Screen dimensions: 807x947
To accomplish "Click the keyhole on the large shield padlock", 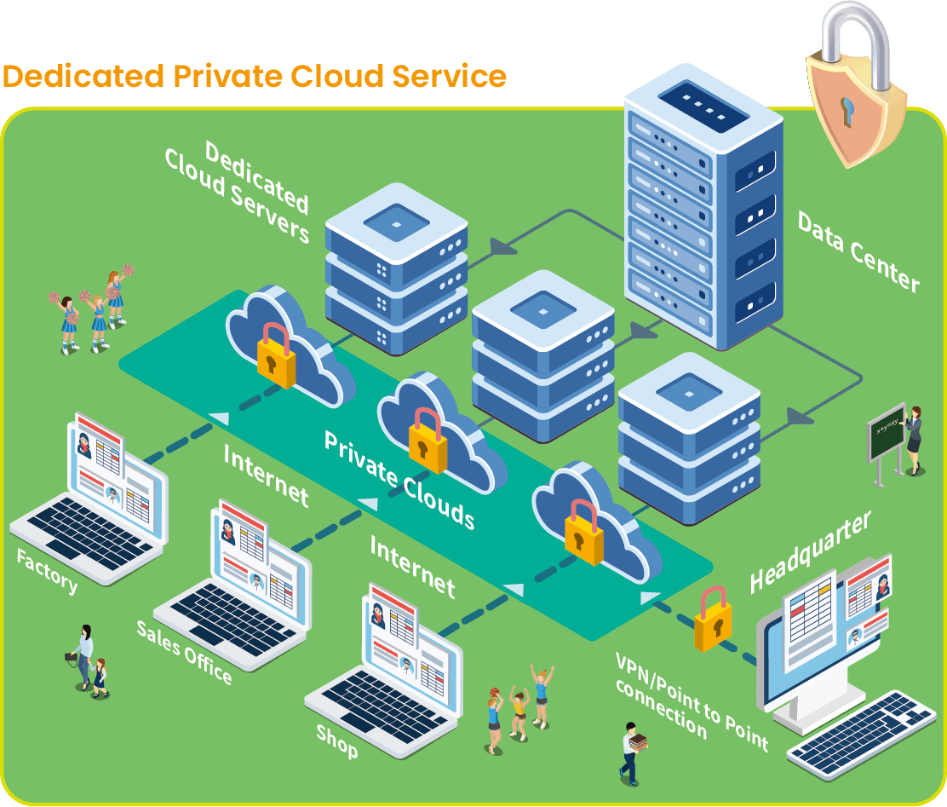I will coord(848,110).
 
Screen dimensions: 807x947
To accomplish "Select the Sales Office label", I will coord(184,652).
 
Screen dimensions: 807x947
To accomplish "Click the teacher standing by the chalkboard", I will coord(913,440).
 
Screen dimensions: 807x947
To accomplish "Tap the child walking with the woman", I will coord(100,677).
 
